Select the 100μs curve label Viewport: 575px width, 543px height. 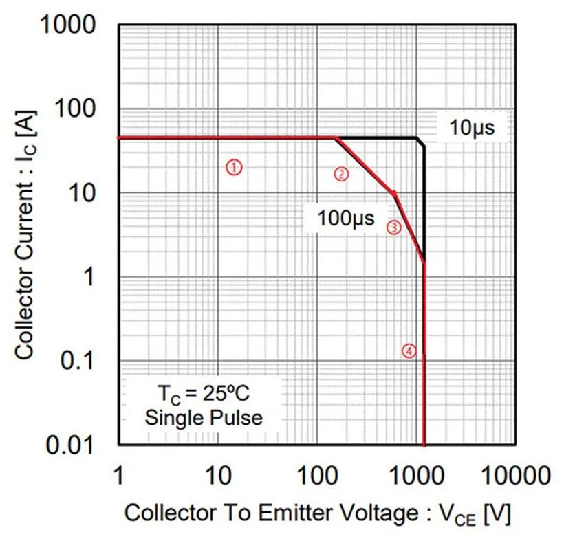(345, 219)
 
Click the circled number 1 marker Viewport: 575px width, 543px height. (234, 166)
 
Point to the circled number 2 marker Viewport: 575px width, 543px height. (341, 174)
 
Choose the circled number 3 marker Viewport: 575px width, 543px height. (393, 228)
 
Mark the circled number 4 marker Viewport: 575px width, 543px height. (409, 351)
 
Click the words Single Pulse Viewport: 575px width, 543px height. (204, 417)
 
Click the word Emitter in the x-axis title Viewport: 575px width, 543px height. (301, 513)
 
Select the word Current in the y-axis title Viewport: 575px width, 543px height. (25, 221)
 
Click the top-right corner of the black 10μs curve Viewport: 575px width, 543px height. (417, 138)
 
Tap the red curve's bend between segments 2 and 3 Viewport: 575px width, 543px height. (394, 194)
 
